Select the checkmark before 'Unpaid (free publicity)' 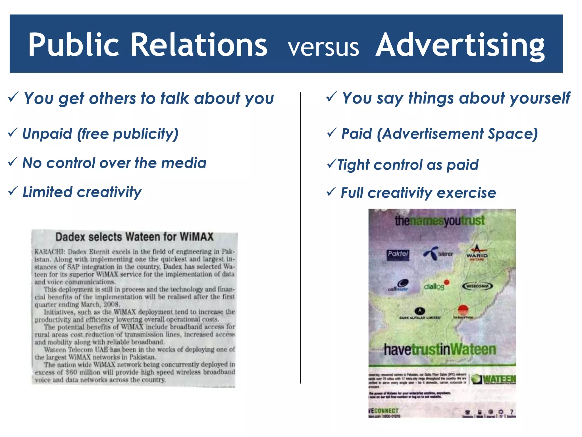[13, 132]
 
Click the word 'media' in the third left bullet [184, 163]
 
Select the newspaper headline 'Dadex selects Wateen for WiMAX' [134, 237]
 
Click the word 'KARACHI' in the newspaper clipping [50, 252]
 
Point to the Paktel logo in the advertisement [398, 254]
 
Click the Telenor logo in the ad [438, 253]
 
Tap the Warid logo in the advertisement [477, 253]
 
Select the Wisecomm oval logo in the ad [477, 286]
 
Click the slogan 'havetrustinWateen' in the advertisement [440, 349]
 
